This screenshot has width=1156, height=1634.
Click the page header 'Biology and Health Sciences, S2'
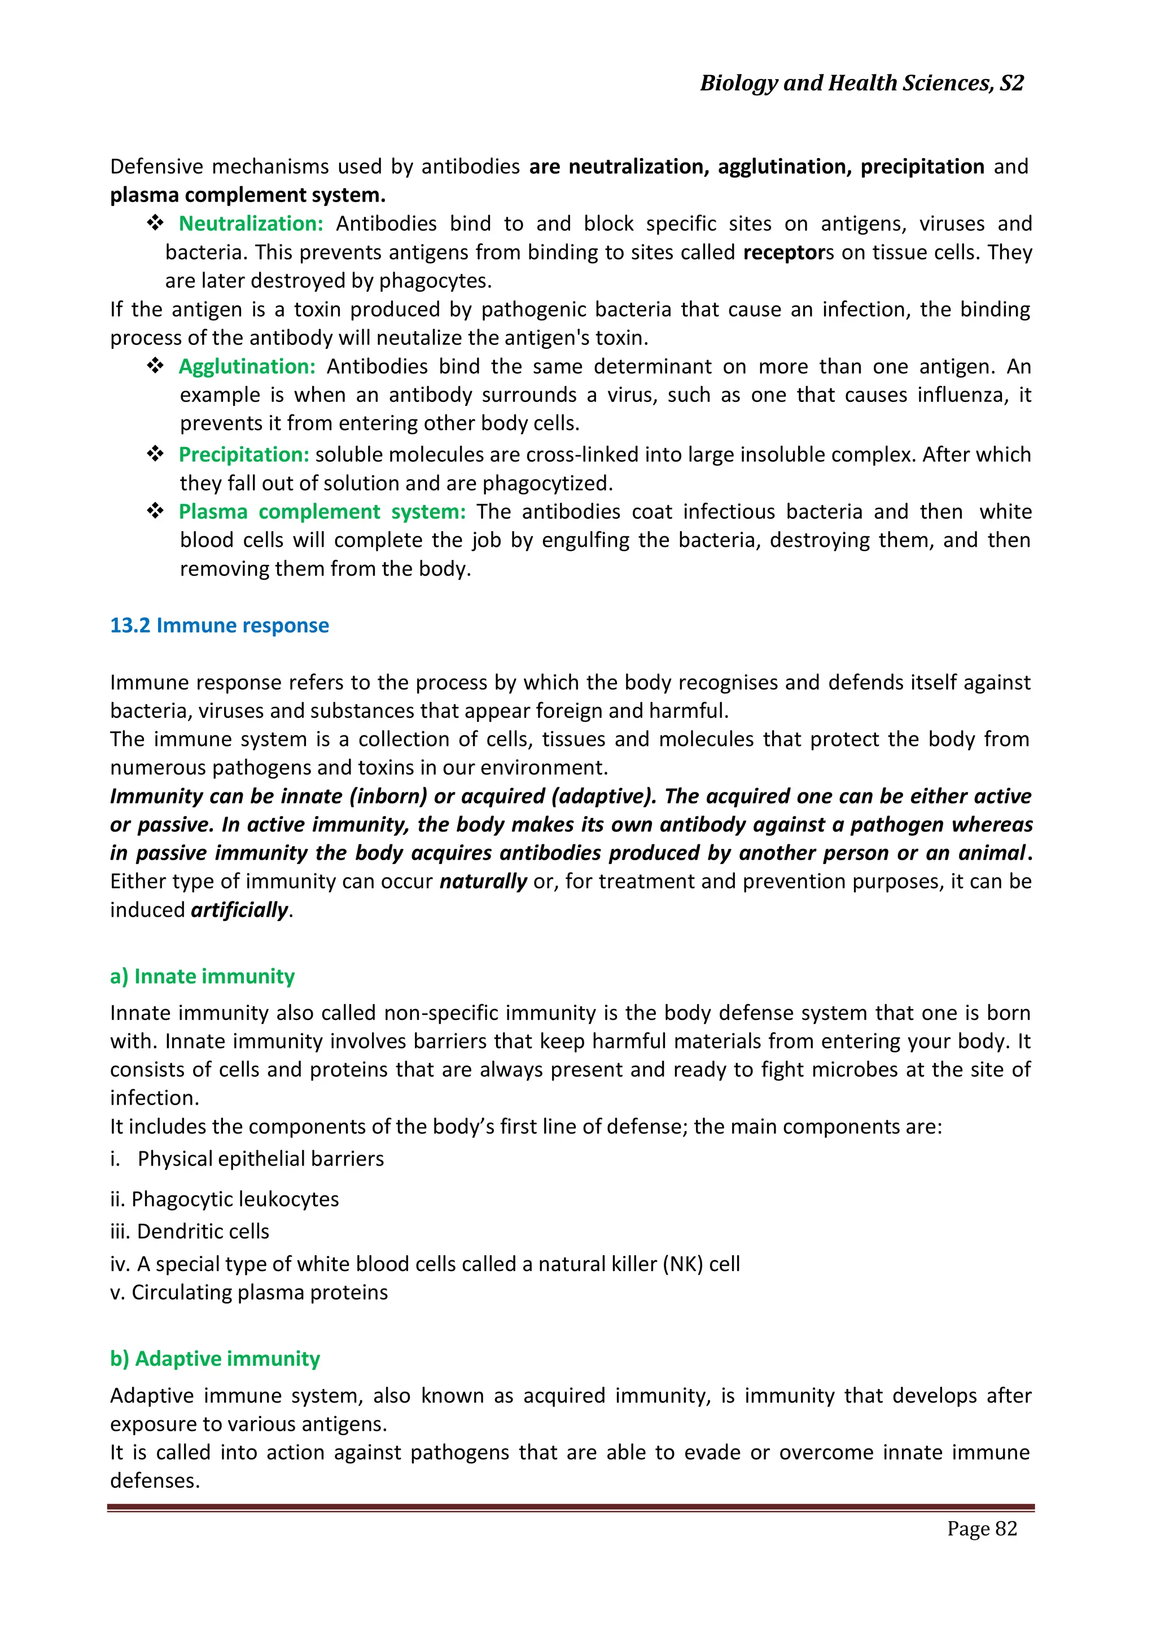point(861,84)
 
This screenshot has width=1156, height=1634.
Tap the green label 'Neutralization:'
point(251,224)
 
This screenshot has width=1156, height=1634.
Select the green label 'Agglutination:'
point(246,366)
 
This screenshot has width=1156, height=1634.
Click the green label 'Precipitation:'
point(243,455)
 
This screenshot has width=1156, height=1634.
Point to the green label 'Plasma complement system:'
point(322,512)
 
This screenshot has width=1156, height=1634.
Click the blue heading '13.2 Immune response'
point(219,625)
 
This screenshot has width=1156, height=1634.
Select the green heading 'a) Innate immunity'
point(202,976)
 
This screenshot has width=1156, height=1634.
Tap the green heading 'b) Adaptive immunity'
point(215,1359)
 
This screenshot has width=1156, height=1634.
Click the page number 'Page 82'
point(982,1528)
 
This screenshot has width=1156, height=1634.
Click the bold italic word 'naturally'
point(483,882)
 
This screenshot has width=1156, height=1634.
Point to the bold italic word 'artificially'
point(239,910)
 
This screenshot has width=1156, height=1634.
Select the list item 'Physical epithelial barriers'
point(261,1159)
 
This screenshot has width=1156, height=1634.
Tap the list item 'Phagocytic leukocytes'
point(235,1199)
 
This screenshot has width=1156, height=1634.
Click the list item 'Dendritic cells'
point(203,1231)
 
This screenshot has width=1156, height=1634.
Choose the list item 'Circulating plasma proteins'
point(260,1293)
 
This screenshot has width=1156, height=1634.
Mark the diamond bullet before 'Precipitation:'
point(155,453)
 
